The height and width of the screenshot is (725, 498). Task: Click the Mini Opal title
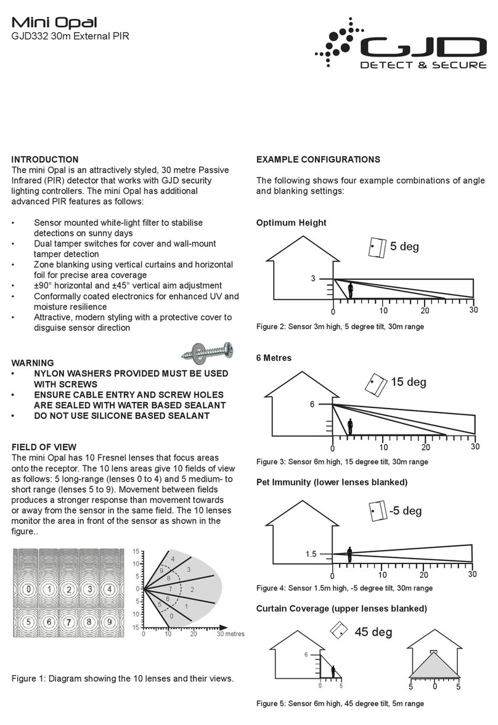click(x=54, y=23)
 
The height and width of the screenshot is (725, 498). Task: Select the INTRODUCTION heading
click(x=45, y=160)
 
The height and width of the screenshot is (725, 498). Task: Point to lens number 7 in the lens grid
click(x=70, y=622)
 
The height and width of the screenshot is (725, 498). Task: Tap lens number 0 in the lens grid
click(x=28, y=589)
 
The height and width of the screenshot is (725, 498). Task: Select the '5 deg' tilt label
click(x=404, y=247)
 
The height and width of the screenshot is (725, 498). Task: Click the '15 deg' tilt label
click(x=408, y=382)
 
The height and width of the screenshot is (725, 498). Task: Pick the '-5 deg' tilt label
click(x=405, y=510)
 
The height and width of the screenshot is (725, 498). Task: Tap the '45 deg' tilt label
click(x=373, y=632)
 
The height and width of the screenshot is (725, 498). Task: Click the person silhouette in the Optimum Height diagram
click(x=351, y=290)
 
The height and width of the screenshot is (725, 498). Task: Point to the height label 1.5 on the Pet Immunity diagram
click(x=311, y=554)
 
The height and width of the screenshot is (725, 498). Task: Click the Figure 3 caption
click(x=341, y=461)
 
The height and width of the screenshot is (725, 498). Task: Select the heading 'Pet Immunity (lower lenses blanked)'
click(x=332, y=481)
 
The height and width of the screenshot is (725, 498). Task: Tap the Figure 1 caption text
click(x=123, y=679)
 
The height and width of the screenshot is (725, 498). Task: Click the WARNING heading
click(x=33, y=363)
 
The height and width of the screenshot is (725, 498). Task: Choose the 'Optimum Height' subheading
click(x=291, y=223)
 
